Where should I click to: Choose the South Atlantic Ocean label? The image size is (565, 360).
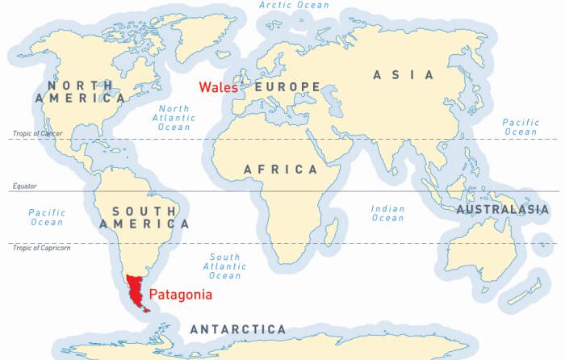pyautogui.click(x=225, y=266)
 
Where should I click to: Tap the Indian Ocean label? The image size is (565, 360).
pyautogui.click(x=387, y=213)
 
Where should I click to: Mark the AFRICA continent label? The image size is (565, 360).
pyautogui.click(x=281, y=170)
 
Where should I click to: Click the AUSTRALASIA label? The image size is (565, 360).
pyautogui.click(x=497, y=210)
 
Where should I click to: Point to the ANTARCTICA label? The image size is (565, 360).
pyautogui.click(x=237, y=329)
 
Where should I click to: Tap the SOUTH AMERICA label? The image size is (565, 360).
pyautogui.click(x=144, y=217)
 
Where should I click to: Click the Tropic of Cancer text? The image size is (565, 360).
pyautogui.click(x=34, y=134)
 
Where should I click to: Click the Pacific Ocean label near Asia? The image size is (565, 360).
pyautogui.click(x=520, y=127)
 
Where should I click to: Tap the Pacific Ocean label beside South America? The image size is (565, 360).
pyautogui.click(x=46, y=217)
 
